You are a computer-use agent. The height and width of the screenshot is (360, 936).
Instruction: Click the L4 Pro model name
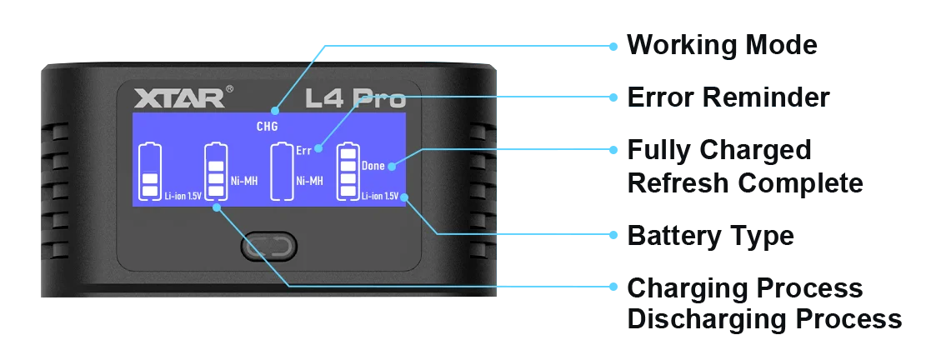355,99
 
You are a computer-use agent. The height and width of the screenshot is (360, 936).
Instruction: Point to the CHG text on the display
267,127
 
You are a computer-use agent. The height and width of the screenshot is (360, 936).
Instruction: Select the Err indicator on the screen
303,151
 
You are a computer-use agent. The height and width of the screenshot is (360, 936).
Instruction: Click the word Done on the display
373,166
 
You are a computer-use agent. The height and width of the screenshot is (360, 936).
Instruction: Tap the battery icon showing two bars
151,172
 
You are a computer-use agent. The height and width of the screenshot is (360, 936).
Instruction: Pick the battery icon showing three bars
216,172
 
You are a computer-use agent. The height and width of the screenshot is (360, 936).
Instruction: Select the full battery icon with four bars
348,172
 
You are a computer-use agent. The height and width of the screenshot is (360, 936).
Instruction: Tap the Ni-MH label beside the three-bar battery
242,179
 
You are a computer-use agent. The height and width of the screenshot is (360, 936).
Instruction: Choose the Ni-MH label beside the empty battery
309,179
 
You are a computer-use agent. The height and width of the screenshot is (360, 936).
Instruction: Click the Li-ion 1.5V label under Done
379,197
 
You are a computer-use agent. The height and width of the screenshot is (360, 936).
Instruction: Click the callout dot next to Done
392,166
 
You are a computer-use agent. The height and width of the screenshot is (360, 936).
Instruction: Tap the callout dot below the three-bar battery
218,208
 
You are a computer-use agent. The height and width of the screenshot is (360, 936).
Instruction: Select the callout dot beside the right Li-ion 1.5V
404,197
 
